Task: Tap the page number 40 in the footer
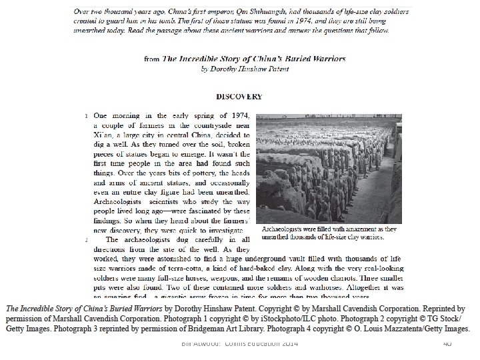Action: click(447, 343)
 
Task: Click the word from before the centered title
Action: click(151, 59)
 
